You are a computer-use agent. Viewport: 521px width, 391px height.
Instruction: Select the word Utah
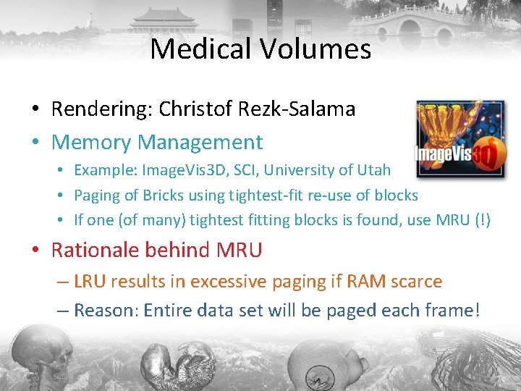(x=373, y=170)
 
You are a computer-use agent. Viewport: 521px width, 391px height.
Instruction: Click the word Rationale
(x=95, y=251)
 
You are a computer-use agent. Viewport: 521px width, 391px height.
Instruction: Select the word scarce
(x=415, y=281)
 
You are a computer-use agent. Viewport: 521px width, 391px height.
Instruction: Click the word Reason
(x=106, y=311)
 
